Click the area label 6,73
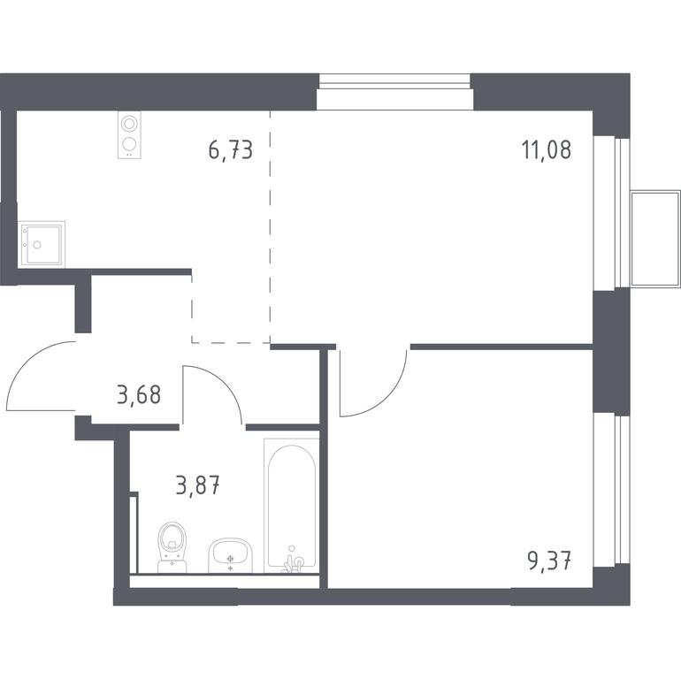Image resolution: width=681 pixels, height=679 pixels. point(230,150)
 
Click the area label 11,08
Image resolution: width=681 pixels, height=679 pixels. point(547,149)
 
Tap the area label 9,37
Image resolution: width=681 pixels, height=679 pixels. point(549,561)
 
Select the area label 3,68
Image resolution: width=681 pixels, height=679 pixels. point(139,395)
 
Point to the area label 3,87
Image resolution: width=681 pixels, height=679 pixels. point(198,485)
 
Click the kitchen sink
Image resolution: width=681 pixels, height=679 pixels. point(42,244)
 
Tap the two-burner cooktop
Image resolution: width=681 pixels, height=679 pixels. point(129,135)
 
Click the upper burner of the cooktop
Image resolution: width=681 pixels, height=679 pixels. point(129,124)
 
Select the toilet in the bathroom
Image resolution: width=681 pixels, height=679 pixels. point(172,547)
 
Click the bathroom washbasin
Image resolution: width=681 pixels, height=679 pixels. point(230,556)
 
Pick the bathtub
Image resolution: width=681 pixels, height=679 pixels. point(292,506)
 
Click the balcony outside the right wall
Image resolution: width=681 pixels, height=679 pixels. point(655,239)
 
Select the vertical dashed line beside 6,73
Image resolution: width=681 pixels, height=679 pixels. point(270,226)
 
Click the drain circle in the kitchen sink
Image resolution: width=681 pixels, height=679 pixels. point(37,245)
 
